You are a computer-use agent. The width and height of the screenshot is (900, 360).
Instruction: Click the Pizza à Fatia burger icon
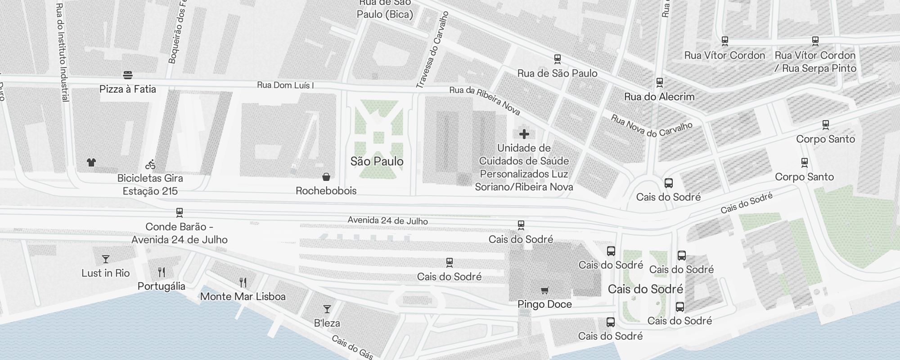point(128,75)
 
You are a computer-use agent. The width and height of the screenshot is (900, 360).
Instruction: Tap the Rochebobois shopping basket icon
point(326,177)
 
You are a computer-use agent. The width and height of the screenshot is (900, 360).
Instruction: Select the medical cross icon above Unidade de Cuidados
point(524,134)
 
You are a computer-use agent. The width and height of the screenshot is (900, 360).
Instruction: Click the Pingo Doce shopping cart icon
point(544,291)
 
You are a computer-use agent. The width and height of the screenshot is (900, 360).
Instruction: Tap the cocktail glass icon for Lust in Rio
point(106,259)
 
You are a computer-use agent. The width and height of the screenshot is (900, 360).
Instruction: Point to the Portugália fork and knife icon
point(162,272)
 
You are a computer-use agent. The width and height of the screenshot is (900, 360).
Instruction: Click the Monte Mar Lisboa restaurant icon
point(243,283)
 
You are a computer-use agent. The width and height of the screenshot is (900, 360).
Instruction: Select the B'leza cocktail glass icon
point(327,309)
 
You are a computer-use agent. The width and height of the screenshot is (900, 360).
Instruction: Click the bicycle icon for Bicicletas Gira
point(150,165)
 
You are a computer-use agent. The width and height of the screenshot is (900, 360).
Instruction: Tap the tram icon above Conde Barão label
point(180,212)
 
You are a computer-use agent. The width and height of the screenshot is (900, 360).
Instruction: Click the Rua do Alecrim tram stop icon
point(660,83)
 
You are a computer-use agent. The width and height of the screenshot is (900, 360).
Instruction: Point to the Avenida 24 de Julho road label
point(387,220)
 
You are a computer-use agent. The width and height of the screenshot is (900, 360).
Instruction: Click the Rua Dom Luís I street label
point(285,85)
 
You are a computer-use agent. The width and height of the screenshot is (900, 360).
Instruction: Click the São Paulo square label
point(377,161)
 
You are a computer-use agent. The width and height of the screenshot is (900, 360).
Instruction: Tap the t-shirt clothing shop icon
point(91,162)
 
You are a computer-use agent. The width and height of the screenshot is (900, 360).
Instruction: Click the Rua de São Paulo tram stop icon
point(557,59)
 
